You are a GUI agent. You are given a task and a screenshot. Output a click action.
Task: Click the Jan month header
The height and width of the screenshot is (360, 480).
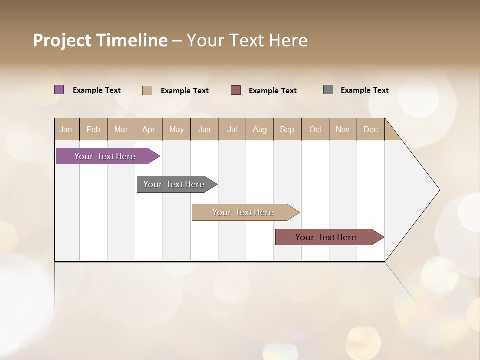tap(66, 129)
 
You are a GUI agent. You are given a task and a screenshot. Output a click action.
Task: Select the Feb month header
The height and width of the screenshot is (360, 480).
tap(93, 129)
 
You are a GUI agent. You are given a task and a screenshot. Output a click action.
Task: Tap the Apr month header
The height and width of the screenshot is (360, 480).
tap(148, 129)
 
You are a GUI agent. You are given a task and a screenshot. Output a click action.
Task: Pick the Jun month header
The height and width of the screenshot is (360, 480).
tap(204, 129)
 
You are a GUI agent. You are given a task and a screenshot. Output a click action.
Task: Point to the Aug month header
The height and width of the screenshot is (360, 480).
tap(259, 129)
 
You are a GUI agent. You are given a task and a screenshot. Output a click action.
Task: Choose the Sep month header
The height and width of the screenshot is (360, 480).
tap(287, 129)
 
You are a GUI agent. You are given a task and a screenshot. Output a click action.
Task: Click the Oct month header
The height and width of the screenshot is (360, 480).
tap(315, 129)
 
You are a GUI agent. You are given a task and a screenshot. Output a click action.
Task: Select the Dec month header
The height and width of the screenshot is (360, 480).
tap(370, 129)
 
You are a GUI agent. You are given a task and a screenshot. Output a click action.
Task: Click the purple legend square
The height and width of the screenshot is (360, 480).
tap(59, 90)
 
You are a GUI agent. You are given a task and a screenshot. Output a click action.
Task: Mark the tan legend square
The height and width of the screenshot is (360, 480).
tap(147, 90)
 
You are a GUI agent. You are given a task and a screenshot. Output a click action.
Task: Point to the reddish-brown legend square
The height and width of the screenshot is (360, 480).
tap(236, 90)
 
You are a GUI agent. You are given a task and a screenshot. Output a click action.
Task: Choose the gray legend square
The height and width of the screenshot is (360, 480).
tap(328, 90)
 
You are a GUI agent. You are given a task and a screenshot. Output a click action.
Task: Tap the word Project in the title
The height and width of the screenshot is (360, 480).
tap(62, 40)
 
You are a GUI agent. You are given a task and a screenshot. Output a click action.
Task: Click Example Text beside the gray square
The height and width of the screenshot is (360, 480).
tap(364, 90)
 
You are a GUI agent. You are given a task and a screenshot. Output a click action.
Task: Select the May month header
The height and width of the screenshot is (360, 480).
tap(176, 129)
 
